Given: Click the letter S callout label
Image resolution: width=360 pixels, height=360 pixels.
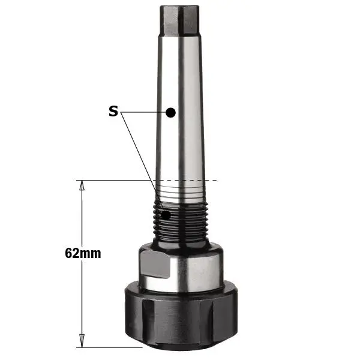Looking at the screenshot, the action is pos(113,111).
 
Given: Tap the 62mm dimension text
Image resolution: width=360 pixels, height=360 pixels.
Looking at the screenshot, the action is pos(83,253).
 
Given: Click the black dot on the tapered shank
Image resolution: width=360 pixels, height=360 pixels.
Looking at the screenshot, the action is pos(170,113).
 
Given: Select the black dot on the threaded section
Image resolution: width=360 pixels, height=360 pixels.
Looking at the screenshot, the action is pos(166,215).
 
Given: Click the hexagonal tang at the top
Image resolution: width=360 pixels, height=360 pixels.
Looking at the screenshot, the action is pos(179,20).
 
